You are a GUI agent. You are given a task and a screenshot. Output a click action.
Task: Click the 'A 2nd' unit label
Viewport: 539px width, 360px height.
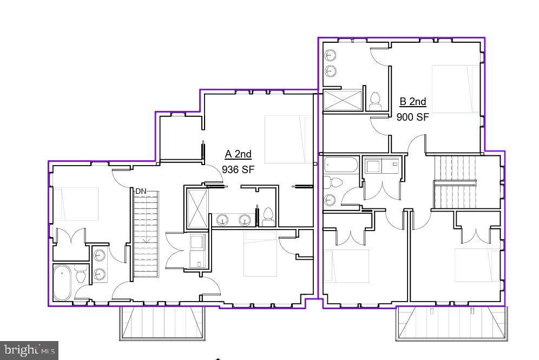(x=238, y=154)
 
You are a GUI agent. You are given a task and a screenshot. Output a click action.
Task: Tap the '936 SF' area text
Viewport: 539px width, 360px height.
(x=238, y=169)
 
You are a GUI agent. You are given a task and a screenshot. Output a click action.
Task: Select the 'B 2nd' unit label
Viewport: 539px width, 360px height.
(x=413, y=101)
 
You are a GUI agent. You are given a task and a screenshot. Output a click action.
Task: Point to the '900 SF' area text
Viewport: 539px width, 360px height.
(x=413, y=116)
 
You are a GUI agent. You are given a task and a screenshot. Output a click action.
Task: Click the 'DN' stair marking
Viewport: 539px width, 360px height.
(x=141, y=191)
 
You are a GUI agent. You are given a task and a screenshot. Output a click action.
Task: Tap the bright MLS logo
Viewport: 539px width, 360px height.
(x=29, y=351)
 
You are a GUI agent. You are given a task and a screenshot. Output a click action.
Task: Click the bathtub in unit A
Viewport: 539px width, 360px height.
(x=62, y=282)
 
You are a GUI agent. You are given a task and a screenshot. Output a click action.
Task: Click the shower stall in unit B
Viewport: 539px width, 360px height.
(x=343, y=101)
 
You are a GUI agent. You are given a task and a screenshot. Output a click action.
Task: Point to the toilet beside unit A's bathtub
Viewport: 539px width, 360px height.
(x=81, y=277)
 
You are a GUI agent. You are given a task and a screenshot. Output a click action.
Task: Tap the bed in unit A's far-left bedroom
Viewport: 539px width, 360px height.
(x=76, y=204)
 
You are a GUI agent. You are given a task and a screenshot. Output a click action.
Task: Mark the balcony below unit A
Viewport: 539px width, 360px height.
(x=163, y=323)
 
